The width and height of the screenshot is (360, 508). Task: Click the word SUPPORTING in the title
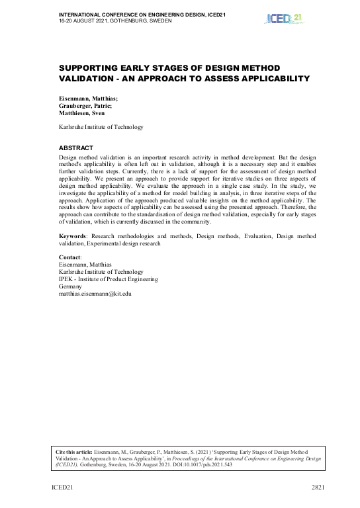point(89,68)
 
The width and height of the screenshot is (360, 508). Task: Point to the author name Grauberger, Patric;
point(86,105)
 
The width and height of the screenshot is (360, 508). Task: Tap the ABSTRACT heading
point(76,148)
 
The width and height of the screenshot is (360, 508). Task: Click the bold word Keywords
point(72,235)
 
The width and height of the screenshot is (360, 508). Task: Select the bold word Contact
point(70,257)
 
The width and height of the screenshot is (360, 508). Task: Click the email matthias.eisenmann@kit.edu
point(95,293)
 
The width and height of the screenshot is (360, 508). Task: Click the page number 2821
point(318,487)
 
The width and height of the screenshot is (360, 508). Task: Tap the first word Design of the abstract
point(69,155)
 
